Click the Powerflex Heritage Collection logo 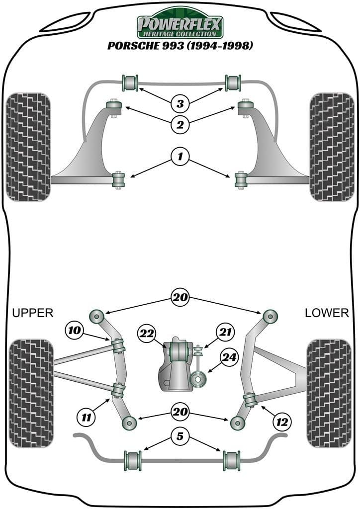(x=180, y=23)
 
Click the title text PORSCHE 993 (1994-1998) (x=180, y=46)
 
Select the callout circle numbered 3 (x=180, y=104)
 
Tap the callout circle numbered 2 (x=180, y=124)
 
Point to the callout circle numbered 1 (x=180, y=158)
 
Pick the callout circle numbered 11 (x=87, y=418)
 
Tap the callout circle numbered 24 (x=230, y=358)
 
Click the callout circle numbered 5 (x=180, y=437)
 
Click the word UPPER (x=32, y=313)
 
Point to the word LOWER (x=327, y=313)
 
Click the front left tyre (x=29, y=147)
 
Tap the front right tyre (x=330, y=147)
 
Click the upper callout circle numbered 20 (x=180, y=298)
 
